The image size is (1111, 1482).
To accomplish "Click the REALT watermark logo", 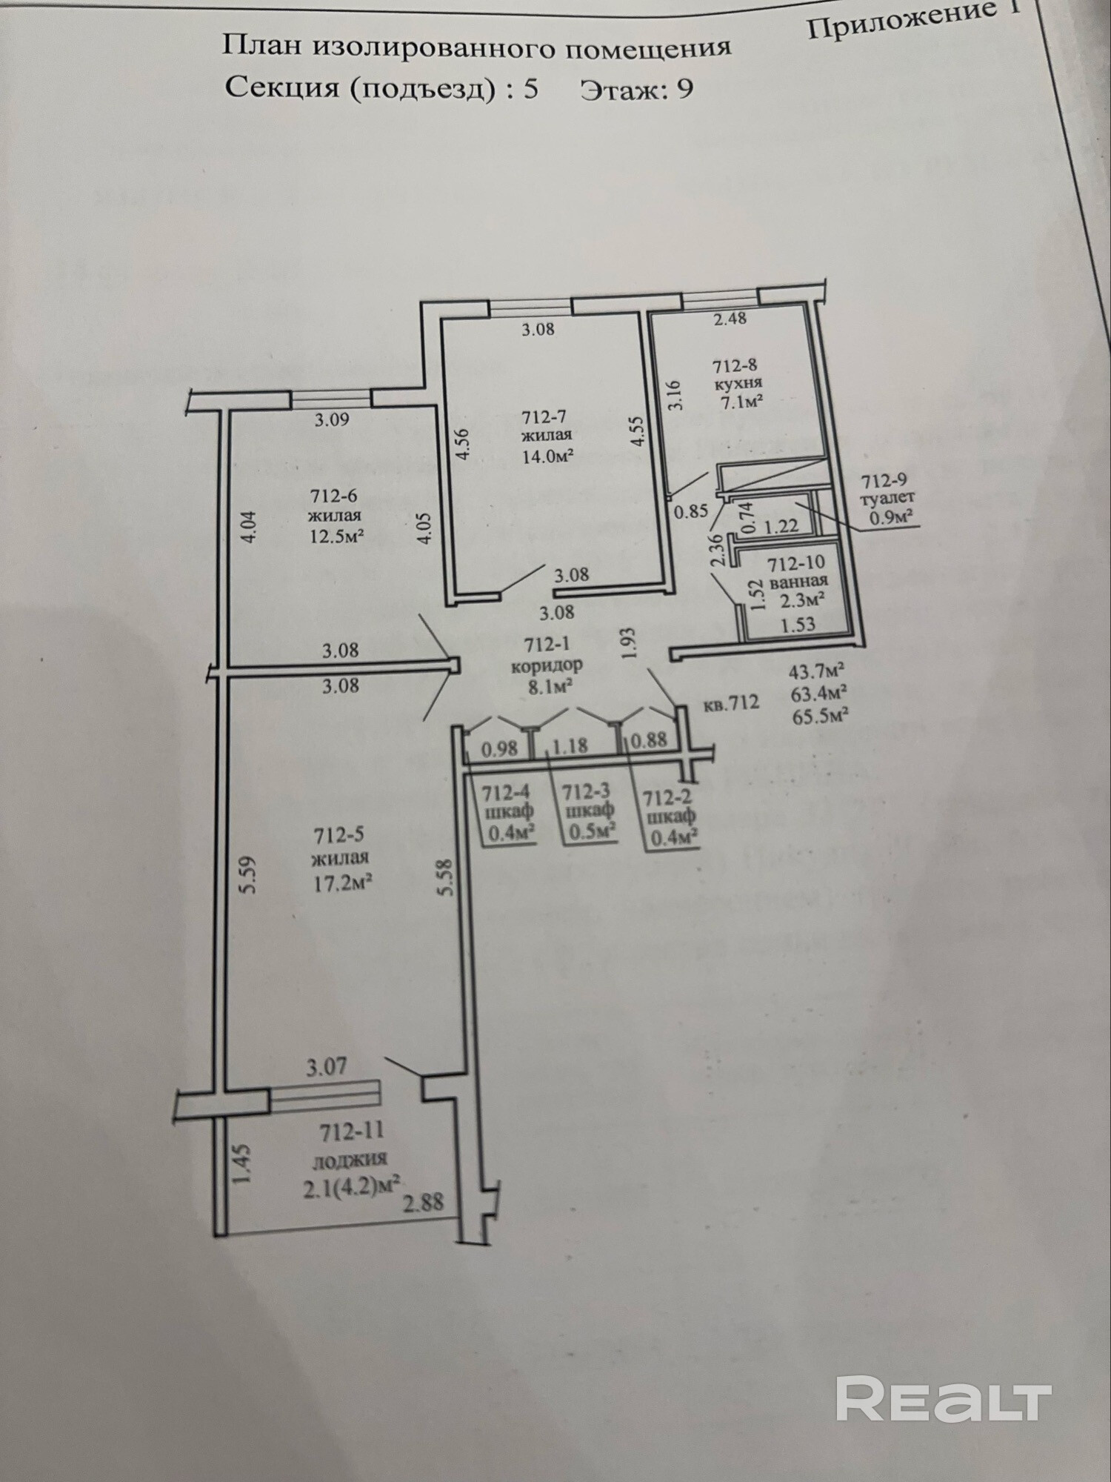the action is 944,1399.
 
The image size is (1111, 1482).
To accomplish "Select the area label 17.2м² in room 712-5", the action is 341,883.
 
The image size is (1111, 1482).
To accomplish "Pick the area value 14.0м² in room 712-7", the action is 548,456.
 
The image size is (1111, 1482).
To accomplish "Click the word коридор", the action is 547,665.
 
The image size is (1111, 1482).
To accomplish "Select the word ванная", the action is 798,582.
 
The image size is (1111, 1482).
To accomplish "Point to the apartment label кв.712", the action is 732,702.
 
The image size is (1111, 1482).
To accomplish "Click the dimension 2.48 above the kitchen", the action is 730,319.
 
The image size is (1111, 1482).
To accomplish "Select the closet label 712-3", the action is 586,791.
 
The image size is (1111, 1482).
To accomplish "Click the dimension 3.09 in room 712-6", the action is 331,419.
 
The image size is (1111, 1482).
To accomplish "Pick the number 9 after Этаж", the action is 685,89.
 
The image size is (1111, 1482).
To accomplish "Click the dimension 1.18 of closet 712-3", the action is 570,745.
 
